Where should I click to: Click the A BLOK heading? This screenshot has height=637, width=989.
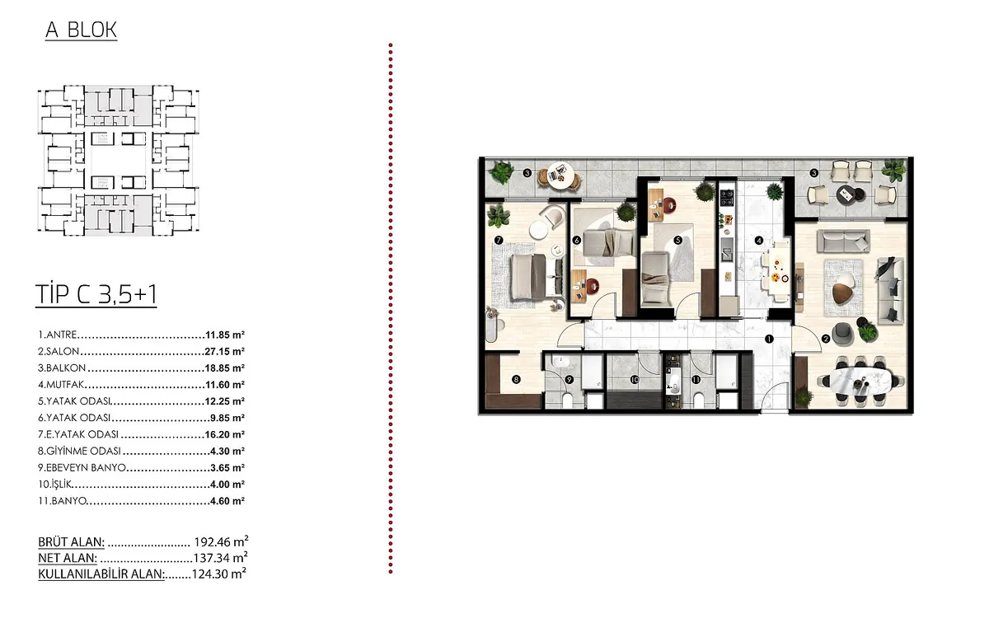(x=82, y=30)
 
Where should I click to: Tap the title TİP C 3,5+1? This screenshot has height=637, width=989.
(x=96, y=294)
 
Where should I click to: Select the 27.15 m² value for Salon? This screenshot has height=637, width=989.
(x=225, y=351)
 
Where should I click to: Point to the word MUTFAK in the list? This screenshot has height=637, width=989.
(x=65, y=385)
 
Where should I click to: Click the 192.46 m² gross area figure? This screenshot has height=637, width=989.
(x=221, y=541)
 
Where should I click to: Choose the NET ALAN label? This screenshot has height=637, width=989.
(x=68, y=558)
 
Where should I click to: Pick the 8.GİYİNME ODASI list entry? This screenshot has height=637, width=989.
(x=79, y=451)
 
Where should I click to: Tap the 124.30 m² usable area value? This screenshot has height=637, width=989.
(x=219, y=574)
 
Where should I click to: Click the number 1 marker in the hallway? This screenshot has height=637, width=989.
(x=769, y=339)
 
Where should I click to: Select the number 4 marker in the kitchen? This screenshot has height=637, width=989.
(x=759, y=241)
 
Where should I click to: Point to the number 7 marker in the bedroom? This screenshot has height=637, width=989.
(x=499, y=240)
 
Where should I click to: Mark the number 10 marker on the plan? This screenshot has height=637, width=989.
(x=635, y=380)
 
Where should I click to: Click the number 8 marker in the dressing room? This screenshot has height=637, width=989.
(x=516, y=379)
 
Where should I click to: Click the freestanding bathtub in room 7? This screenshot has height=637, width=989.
(x=491, y=326)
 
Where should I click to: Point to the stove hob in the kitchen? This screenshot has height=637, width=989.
(x=727, y=197)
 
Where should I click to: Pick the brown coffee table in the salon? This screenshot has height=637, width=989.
(x=842, y=293)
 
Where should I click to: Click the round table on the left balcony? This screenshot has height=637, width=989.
(x=560, y=176)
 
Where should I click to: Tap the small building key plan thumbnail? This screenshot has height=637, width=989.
(x=119, y=160)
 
